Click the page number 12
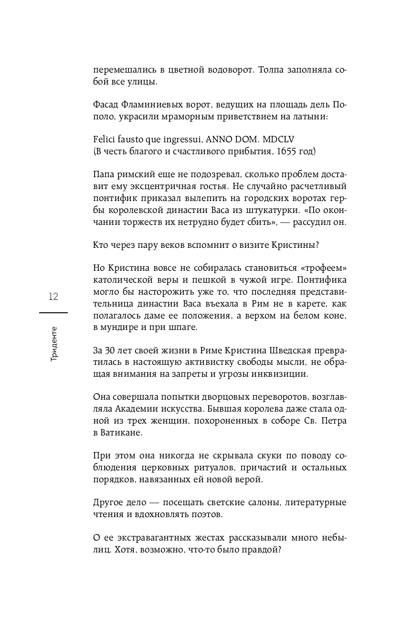point(53,297)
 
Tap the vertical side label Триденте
point(53,344)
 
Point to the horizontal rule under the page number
point(53,312)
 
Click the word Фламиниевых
point(150,105)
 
